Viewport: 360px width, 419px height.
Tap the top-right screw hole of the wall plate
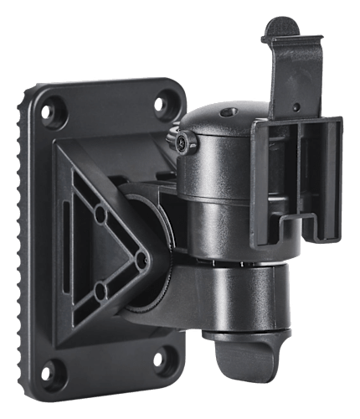click(x=159, y=104)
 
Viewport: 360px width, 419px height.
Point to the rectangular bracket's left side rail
click(x=262, y=180)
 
